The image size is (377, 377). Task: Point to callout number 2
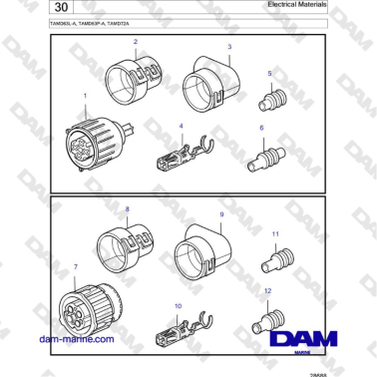click(137, 42)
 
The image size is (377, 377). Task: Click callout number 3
click(229, 47)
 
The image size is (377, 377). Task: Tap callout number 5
click(268, 74)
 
